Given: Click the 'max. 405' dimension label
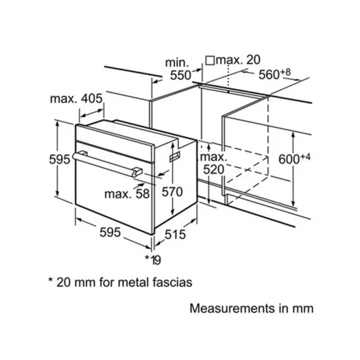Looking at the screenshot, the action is point(76,99).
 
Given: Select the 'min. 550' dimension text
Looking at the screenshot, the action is point(179,69).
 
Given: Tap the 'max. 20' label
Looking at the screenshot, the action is point(238,59).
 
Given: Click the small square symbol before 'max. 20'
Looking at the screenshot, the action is point(210,61).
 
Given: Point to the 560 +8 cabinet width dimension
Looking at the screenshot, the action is point(275,74).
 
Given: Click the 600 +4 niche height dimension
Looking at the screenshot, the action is point(295,158).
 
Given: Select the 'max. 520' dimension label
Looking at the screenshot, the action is point(214,163).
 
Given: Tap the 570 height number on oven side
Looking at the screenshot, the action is point(172,192).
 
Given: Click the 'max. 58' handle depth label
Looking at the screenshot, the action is point(127,194).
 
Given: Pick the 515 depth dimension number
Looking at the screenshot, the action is point(175,235).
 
